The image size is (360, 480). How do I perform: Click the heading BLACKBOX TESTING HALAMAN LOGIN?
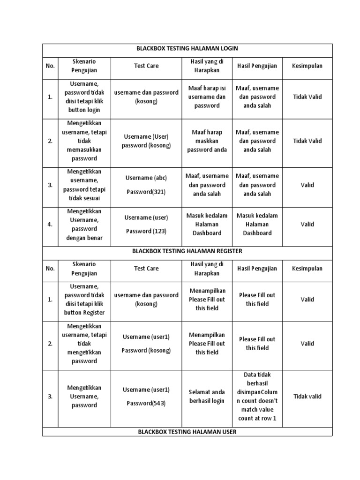pos(187,48)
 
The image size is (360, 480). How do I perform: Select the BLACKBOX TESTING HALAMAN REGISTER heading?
pos(187,251)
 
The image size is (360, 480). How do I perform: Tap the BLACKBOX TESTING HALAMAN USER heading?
pos(187,432)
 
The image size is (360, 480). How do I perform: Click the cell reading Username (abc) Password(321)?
pos(146,185)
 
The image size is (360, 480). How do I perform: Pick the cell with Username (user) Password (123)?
pos(146,224)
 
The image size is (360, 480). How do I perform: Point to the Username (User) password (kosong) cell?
pos(146,141)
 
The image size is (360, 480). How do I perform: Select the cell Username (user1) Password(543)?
pos(146,396)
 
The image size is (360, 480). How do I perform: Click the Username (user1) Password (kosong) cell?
pos(146,343)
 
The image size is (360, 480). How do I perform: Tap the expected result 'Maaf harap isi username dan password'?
pos(207,97)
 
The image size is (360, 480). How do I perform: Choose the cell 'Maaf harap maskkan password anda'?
pos(207,141)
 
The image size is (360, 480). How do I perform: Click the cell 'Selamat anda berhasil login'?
pos(207,396)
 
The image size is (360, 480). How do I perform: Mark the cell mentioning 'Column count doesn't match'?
pos(257,396)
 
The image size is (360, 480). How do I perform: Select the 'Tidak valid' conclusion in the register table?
pos(307,396)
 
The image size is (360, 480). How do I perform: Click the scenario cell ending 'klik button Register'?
pos(84,299)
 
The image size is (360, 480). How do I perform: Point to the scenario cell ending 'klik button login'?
pos(84,97)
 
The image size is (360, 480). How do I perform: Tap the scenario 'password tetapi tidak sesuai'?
pos(84,185)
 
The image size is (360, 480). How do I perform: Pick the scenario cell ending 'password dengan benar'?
pos(84,224)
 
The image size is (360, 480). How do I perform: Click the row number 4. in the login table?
pos(50,224)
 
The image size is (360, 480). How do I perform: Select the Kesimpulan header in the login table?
pos(307,66)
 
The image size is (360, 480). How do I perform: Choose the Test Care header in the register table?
pos(146,269)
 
